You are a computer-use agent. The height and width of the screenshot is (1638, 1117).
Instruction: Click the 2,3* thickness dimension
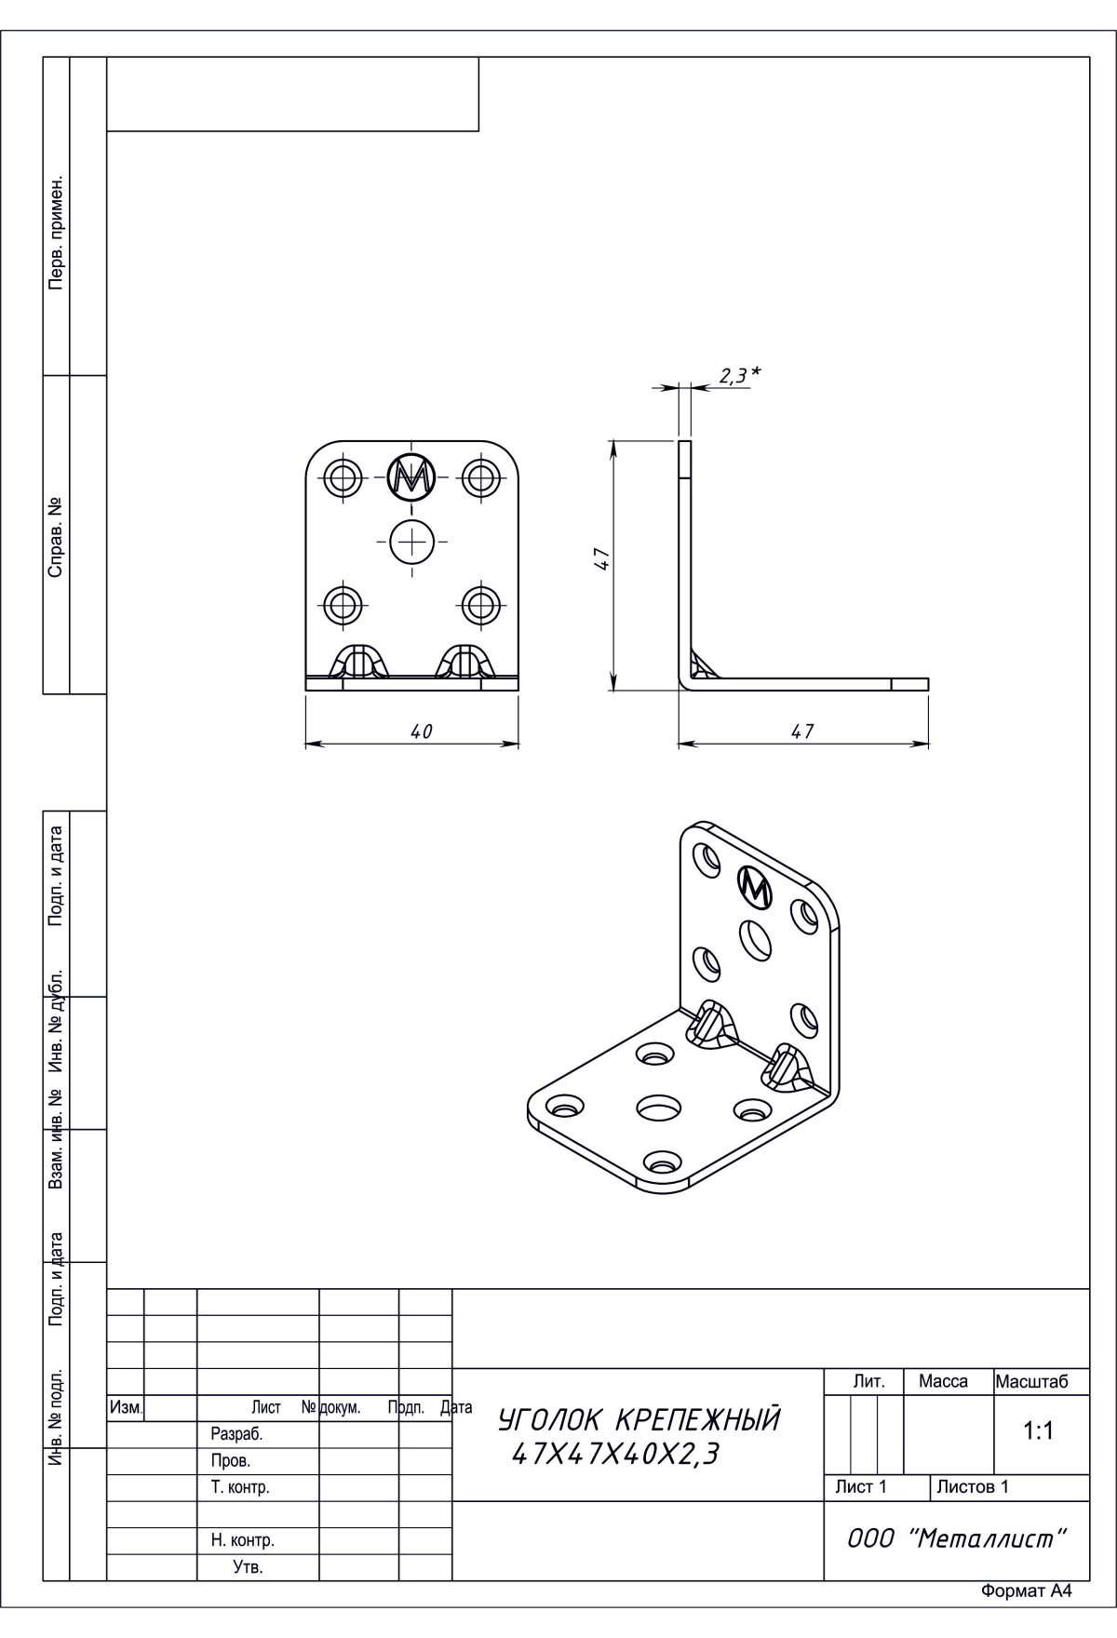(x=740, y=375)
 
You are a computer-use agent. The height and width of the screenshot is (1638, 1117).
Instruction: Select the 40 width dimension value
(x=422, y=732)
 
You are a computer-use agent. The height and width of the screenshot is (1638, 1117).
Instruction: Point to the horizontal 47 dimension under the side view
(x=802, y=732)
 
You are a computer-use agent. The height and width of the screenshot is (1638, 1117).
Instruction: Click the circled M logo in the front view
(x=411, y=477)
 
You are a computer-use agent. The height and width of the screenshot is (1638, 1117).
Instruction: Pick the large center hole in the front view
(x=411, y=541)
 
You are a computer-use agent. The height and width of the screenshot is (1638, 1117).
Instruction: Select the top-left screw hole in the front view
(x=343, y=478)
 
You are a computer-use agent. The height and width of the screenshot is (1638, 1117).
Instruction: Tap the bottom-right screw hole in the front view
(x=480, y=605)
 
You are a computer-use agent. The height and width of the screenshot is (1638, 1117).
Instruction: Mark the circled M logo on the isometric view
(x=755, y=888)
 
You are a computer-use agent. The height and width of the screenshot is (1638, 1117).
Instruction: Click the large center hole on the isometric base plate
(x=658, y=1108)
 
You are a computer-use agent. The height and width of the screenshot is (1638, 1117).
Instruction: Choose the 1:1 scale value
(x=1038, y=1431)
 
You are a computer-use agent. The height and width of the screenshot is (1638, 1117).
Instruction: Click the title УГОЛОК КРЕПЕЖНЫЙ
(x=639, y=1420)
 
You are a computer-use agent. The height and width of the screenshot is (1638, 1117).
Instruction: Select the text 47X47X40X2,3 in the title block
(x=615, y=1454)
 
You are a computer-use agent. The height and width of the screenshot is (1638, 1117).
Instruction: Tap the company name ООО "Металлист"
(x=956, y=1538)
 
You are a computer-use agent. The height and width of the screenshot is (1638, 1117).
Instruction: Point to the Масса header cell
(x=943, y=1382)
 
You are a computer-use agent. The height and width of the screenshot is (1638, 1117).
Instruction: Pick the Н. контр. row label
(x=243, y=1540)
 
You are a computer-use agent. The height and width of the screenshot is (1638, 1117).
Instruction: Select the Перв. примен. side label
(x=56, y=230)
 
